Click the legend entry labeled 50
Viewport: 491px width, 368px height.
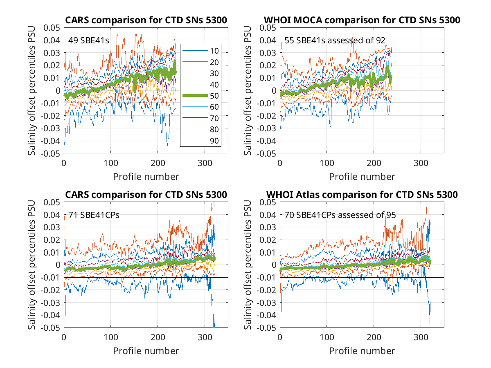[x=200, y=96]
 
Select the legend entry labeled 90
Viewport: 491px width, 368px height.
[x=200, y=141]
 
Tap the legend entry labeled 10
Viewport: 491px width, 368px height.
[x=200, y=51]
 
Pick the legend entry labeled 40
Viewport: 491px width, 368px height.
[x=200, y=85]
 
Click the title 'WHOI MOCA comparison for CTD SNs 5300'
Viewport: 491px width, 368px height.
[x=362, y=20]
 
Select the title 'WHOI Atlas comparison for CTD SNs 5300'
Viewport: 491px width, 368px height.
[x=362, y=195]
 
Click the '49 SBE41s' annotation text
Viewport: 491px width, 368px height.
[x=88, y=40]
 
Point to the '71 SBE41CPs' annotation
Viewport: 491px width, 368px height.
[x=94, y=215]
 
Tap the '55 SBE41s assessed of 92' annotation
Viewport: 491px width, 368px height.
[x=335, y=40]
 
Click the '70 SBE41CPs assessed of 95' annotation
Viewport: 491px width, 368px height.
[x=340, y=215]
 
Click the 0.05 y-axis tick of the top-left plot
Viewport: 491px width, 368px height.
[x=52, y=28]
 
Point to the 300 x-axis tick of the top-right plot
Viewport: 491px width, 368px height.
[x=421, y=163]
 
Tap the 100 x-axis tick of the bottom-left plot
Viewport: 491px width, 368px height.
[x=111, y=337]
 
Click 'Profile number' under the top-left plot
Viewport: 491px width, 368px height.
[x=146, y=177]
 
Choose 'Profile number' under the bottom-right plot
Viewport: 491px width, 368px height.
[x=362, y=351]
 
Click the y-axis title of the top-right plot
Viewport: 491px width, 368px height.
[x=248, y=90]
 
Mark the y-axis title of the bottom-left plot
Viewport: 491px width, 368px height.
[x=32, y=265]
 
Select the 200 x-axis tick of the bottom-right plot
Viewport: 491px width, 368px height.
[x=374, y=337]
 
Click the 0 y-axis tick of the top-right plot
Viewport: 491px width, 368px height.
[x=274, y=90]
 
